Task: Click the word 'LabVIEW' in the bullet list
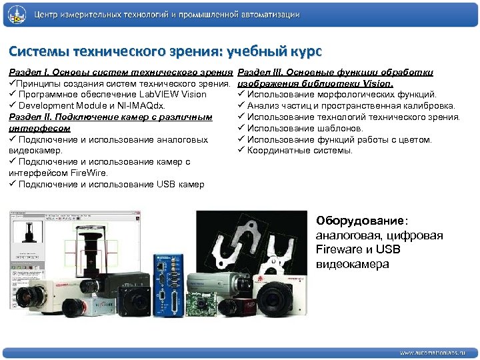click(147, 94)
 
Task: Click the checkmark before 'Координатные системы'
click(241, 151)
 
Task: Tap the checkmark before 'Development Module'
click(13, 105)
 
